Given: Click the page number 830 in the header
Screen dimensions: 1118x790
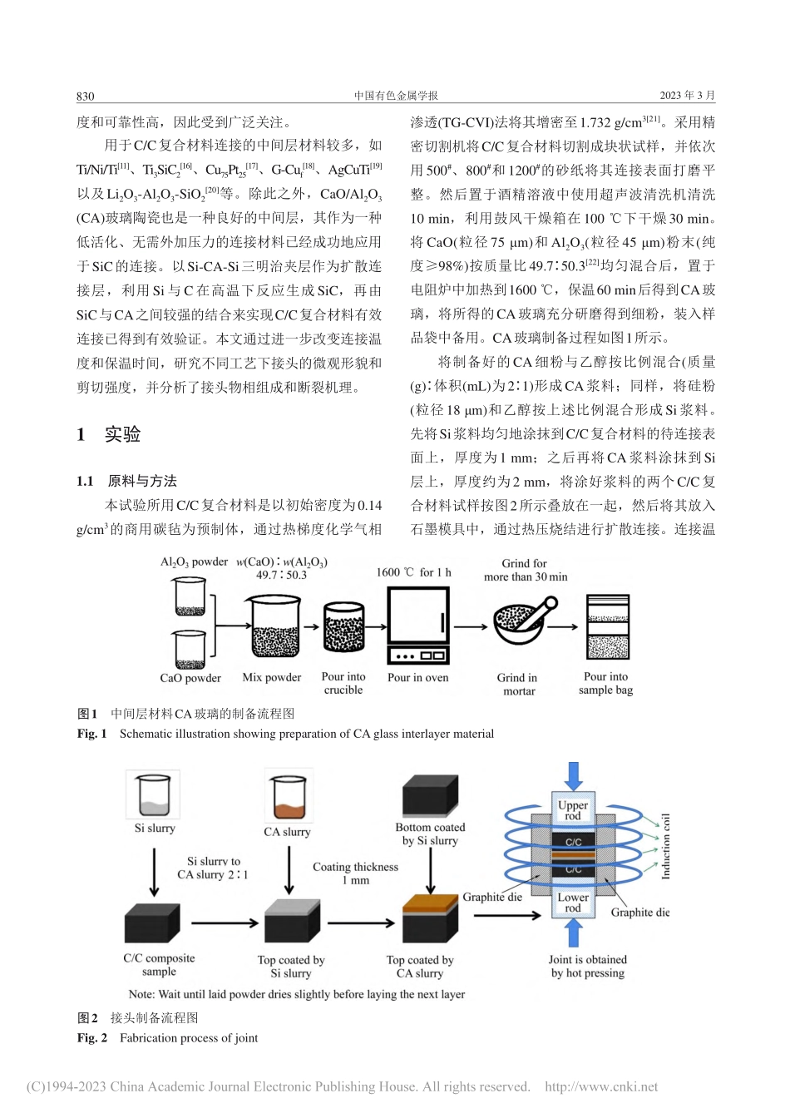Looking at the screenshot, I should click(86, 96).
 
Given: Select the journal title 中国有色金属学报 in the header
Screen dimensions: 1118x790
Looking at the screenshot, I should click(396, 96).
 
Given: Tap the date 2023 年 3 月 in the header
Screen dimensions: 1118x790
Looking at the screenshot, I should click(687, 96).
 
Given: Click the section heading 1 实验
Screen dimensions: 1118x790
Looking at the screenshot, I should click(109, 434).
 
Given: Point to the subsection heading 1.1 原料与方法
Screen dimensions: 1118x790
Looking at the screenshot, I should click(126, 481).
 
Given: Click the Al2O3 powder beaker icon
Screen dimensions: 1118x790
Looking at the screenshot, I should click(190, 596).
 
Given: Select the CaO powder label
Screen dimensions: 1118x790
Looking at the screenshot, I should click(190, 678).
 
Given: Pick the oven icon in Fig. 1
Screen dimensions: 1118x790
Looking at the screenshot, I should click(418, 626).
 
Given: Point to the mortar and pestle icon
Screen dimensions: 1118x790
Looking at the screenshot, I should click(521, 622).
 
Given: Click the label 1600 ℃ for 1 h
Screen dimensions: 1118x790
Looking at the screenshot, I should click(413, 572).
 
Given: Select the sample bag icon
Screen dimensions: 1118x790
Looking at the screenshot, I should click(607, 627).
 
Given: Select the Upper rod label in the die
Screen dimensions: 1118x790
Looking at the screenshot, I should click(573, 810).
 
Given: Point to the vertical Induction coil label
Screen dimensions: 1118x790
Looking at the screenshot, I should click(665, 847).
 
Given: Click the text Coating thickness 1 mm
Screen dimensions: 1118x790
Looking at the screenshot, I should click(355, 873).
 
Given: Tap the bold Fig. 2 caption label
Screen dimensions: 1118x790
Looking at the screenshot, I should click(92, 1038).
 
